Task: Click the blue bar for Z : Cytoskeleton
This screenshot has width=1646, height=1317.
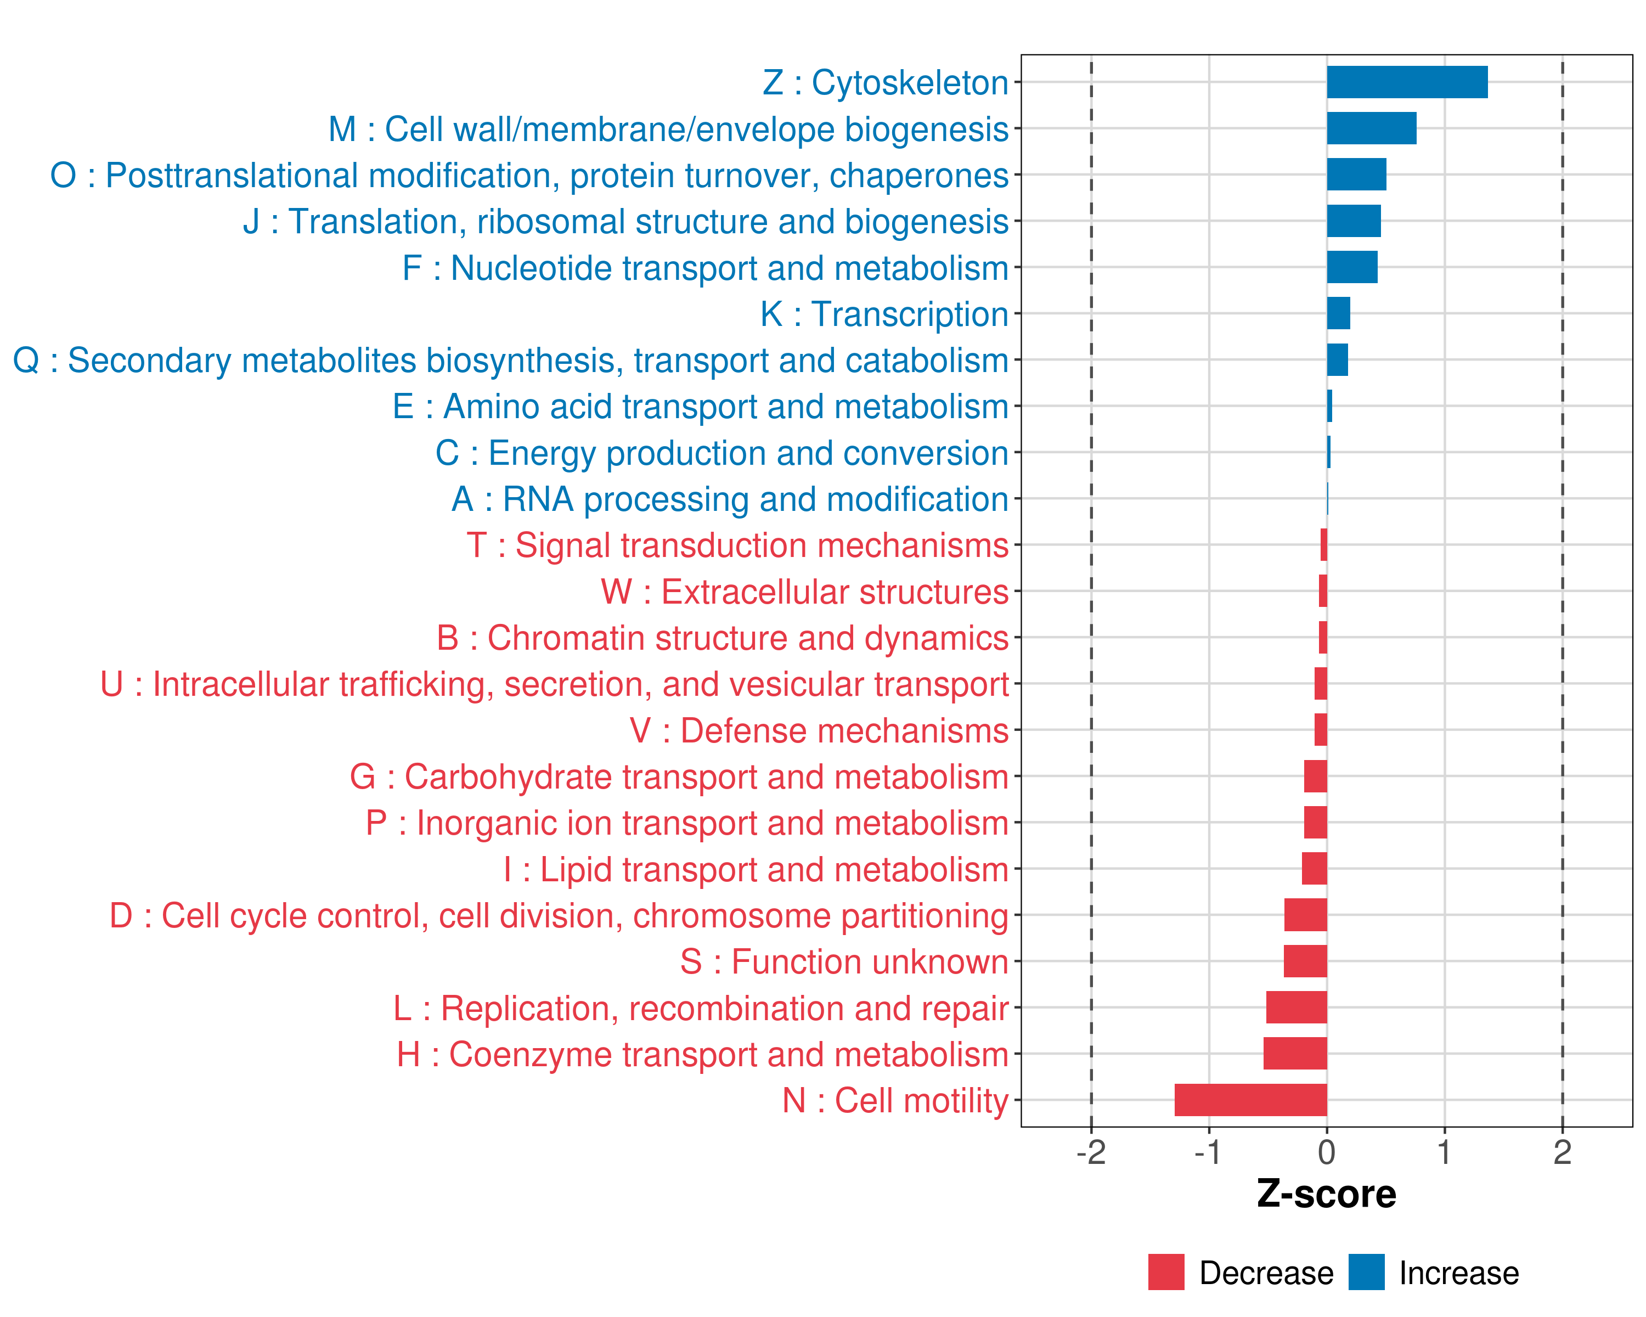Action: [x=1406, y=82]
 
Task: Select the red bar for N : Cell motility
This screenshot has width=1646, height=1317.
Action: [x=1250, y=1099]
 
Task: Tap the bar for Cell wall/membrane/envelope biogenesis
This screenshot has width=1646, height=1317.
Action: [x=1371, y=128]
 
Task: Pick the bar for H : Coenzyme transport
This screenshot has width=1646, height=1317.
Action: [x=1295, y=1053]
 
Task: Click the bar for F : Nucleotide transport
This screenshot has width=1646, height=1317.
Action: [x=1352, y=267]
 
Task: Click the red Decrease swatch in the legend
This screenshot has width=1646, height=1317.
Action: [x=1166, y=1272]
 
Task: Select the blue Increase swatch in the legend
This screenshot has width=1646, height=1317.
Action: [x=1366, y=1272]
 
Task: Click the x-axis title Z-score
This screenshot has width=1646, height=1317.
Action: [x=1326, y=1194]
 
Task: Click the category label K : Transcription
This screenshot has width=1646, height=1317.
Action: [x=884, y=314]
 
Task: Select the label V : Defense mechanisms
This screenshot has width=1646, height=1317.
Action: [x=819, y=730]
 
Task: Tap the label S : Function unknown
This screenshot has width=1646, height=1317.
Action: [x=844, y=962]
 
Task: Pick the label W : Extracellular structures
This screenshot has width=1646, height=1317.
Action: [x=805, y=592]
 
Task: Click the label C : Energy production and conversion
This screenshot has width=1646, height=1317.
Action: [x=721, y=453]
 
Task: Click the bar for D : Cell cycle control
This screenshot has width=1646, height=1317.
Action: [x=1305, y=915]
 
